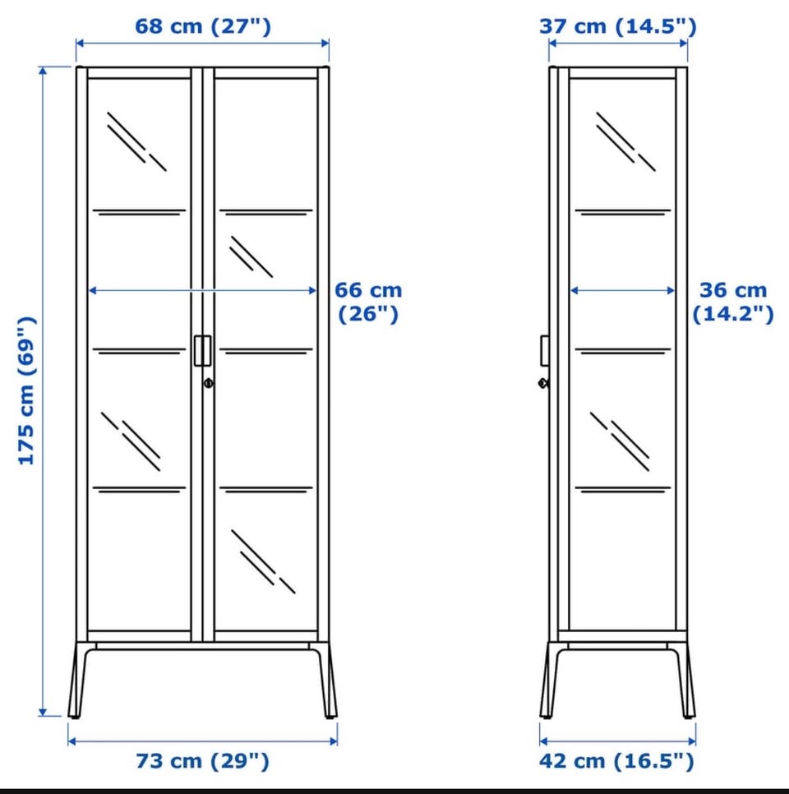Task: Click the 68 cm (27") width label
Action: (203, 26)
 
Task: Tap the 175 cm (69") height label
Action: (27, 391)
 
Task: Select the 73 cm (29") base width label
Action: (202, 761)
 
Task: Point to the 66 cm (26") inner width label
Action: (369, 302)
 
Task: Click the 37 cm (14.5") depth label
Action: (618, 26)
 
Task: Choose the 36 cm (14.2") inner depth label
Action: (733, 302)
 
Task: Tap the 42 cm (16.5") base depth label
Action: (616, 761)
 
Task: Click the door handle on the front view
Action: (202, 350)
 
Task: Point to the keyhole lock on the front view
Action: (209, 383)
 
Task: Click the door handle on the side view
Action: (545, 350)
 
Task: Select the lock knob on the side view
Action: (543, 383)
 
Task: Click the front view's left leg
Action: (79, 680)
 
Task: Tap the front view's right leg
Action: (326, 680)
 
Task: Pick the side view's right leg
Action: (684, 680)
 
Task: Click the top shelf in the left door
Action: (139, 212)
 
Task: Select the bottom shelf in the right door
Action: (265, 490)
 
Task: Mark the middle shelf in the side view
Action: (623, 350)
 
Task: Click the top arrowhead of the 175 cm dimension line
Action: (43, 72)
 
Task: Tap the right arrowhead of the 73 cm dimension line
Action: (333, 741)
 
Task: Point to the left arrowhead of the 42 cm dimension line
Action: (544, 741)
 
